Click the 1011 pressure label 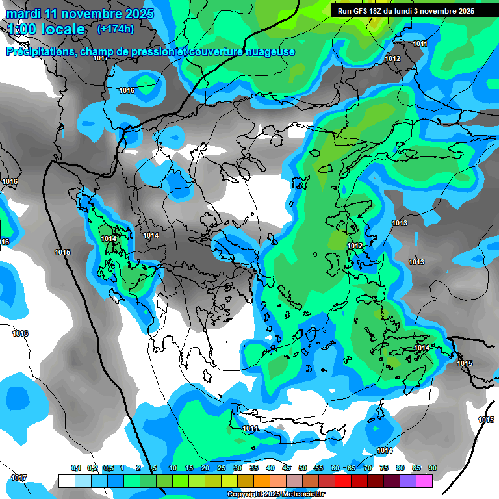(x=420, y=44)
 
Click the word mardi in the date (x=24, y=14)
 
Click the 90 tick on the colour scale (x=432, y=468)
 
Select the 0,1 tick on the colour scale (x=75, y=468)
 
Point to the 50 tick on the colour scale (x=303, y=468)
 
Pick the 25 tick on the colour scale (x=222, y=468)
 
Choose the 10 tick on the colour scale (x=173, y=468)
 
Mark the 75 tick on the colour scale (x=384, y=468)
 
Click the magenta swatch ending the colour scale (x=424, y=481)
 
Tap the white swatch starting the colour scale (x=66, y=481)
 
